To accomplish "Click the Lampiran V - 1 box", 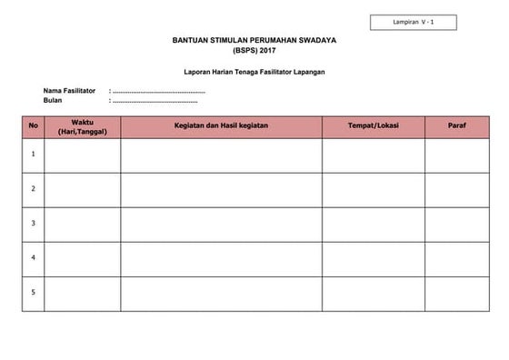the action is pyautogui.click(x=413, y=22).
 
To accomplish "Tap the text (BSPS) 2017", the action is pyautogui.click(x=252, y=52).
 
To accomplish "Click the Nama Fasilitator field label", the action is pyautogui.click(x=69, y=91).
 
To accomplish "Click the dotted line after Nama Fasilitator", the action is pyautogui.click(x=158, y=92).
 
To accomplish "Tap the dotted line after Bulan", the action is pyautogui.click(x=154, y=101).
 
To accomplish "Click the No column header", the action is pyautogui.click(x=34, y=126).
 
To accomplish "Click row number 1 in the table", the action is pyautogui.click(x=34, y=155).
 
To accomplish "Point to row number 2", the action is pyautogui.click(x=34, y=189).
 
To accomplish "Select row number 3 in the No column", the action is pyautogui.click(x=34, y=224).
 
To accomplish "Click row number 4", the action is pyautogui.click(x=34, y=258).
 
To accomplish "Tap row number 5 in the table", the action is pyautogui.click(x=34, y=293).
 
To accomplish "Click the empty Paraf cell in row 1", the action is pyautogui.click(x=457, y=155).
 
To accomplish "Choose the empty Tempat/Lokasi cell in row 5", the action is pyautogui.click(x=373, y=293).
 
